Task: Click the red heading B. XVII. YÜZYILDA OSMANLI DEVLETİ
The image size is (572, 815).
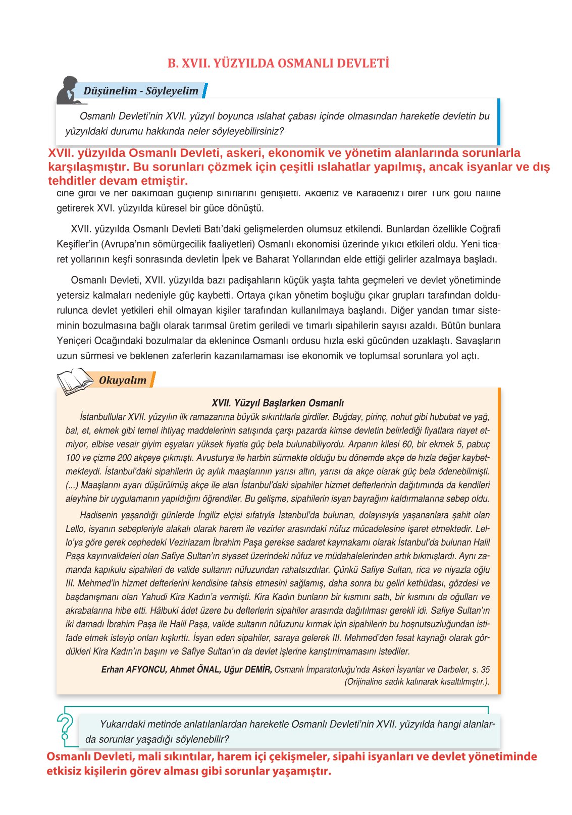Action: tap(278, 64)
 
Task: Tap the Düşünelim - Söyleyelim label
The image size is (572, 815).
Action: tap(141, 91)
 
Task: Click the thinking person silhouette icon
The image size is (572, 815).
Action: tap(68, 90)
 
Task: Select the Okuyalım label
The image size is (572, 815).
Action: tap(123, 381)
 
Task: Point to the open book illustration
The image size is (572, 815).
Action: tap(75, 381)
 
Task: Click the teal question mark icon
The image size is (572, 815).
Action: tap(65, 730)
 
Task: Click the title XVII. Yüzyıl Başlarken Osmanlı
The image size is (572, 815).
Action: tap(278, 403)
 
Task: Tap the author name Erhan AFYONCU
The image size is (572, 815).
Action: tap(133, 670)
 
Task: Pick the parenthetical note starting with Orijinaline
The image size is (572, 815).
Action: tap(417, 682)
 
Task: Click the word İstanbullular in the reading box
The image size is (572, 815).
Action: tap(102, 417)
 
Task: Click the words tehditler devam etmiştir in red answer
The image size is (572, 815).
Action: tap(118, 181)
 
